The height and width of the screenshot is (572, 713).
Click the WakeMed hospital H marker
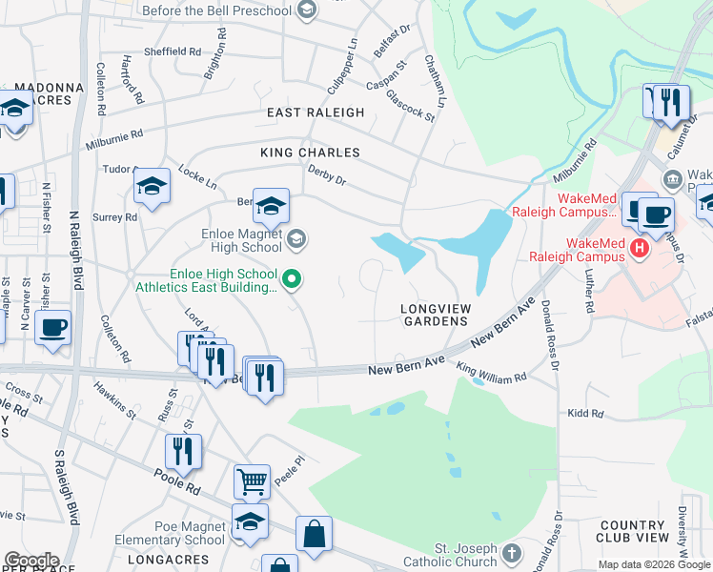[x=641, y=248]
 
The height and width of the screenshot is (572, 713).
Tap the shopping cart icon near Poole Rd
[x=253, y=482]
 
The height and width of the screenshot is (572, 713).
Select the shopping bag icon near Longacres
[x=314, y=535]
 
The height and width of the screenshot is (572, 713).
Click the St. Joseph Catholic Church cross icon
[x=513, y=552]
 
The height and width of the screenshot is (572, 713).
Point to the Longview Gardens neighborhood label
[x=436, y=316]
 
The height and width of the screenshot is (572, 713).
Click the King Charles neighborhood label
[x=310, y=153]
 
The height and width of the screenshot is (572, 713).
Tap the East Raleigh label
[x=316, y=112]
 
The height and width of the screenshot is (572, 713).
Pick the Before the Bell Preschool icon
[x=306, y=10]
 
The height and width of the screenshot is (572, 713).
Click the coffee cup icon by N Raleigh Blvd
[x=53, y=328]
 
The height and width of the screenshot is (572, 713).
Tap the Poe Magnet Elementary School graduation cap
[x=250, y=521]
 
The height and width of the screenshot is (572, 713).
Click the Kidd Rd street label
[x=585, y=413]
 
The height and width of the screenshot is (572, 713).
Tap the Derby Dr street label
[x=326, y=174]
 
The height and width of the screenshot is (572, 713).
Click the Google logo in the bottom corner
[x=31, y=560]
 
